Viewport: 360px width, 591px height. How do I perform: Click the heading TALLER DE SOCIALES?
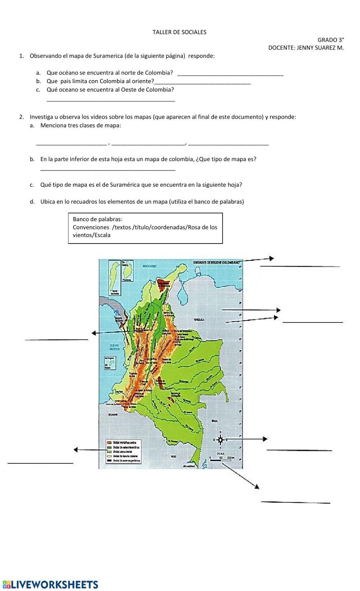[x=179, y=32]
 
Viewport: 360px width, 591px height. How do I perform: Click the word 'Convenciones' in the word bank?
[x=91, y=227]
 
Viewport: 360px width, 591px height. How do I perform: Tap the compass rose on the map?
[x=220, y=440]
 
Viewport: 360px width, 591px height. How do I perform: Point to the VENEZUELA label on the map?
[x=199, y=319]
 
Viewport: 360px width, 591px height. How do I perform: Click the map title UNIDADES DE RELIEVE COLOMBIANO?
[x=216, y=263]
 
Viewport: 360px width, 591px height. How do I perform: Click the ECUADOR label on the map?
[x=113, y=415]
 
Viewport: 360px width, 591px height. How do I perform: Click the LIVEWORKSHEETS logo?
[x=50, y=584]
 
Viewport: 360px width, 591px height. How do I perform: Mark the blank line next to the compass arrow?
[x=299, y=450]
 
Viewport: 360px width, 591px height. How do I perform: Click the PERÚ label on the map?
[x=174, y=456]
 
